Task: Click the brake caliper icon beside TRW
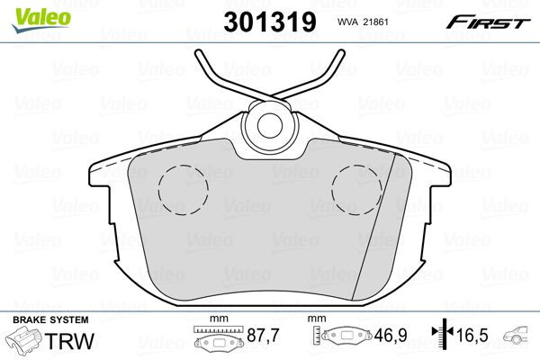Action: (25, 343)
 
